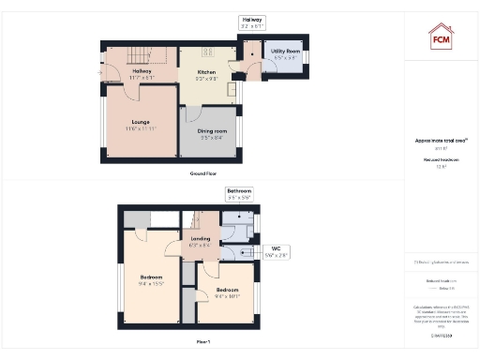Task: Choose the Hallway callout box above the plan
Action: [x=252, y=22]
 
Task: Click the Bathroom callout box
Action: [x=239, y=194]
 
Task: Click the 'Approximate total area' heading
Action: [x=441, y=141]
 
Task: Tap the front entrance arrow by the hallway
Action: [x=97, y=71]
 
